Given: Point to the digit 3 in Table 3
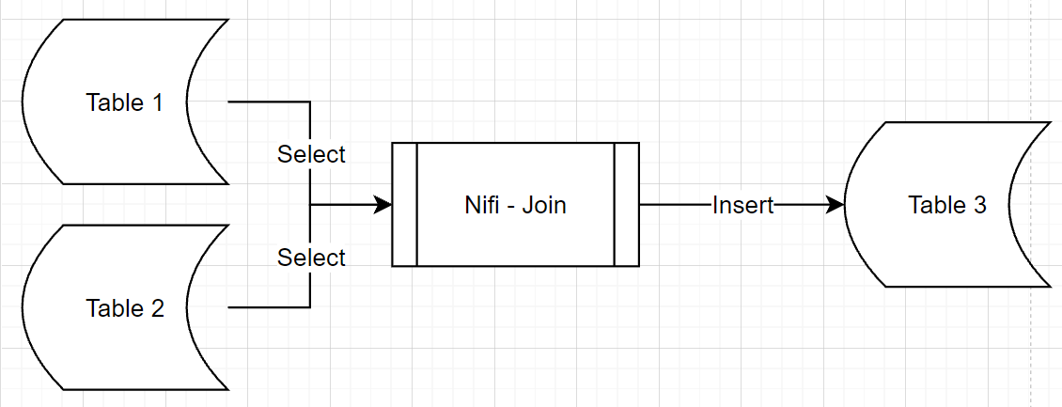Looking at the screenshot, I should click(x=979, y=205).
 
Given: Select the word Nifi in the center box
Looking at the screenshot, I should click(x=481, y=205).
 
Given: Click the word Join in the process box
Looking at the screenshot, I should click(x=545, y=205).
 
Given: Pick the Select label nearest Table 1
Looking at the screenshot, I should click(x=311, y=154).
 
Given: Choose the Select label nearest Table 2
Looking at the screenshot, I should click(x=311, y=258).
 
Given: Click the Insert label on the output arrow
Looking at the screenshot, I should click(x=742, y=205).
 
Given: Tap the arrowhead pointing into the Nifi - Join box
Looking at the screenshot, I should click(x=383, y=205).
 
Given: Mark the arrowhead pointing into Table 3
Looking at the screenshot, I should click(x=836, y=205).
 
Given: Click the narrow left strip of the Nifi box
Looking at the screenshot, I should click(x=404, y=205).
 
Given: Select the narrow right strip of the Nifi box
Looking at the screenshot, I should click(x=627, y=205).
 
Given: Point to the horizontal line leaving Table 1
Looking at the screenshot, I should click(x=268, y=102).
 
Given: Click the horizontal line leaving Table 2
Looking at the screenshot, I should click(x=268, y=307).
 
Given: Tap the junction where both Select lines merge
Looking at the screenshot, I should click(x=310, y=205).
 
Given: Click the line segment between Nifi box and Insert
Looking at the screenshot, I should click(x=675, y=205).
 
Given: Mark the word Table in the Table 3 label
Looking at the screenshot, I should click(x=935, y=205).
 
